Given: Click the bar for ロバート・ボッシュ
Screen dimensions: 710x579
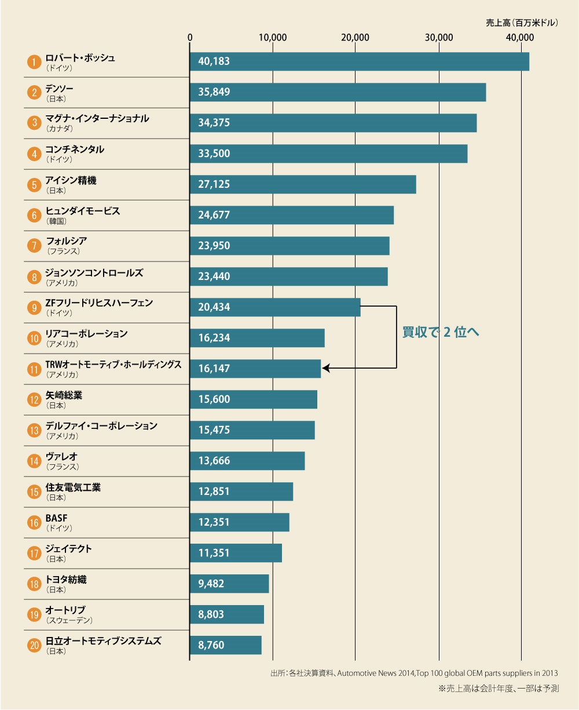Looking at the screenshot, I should tap(359, 61).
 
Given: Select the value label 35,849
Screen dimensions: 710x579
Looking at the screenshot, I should tap(214, 92).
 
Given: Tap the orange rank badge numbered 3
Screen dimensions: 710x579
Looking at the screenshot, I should tap(34, 123).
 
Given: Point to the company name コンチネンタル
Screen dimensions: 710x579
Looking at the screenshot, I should tap(75, 150).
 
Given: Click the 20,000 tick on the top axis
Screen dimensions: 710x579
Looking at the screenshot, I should tap(355, 38).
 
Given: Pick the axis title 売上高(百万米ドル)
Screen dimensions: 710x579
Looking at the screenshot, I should tap(522, 23).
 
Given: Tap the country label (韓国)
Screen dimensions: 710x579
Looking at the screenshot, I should tap(57, 221).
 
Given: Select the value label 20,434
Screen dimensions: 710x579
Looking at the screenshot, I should tap(214, 307).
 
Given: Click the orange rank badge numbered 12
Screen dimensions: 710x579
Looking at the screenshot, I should tap(34, 399).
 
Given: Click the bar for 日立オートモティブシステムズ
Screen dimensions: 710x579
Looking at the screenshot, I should tap(225, 645).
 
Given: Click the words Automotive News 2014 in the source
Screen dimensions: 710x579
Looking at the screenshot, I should tap(374, 673).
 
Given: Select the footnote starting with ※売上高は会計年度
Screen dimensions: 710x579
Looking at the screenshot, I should tap(499, 689).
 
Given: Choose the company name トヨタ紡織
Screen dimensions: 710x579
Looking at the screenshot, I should tap(66, 580).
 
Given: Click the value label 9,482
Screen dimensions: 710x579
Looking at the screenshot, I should tap(211, 584).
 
